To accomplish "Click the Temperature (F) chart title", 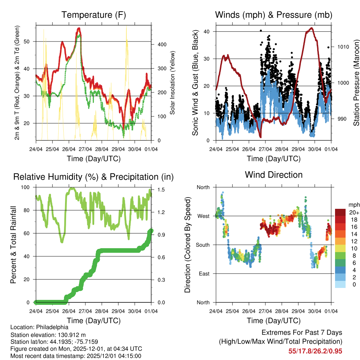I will [x=94, y=15].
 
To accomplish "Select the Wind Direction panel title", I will [x=274, y=175].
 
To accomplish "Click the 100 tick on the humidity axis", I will [x=28, y=187].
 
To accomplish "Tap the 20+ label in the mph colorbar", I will [x=354, y=213].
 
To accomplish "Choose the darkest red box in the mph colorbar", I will [x=340, y=212].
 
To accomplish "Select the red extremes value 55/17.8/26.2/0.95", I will [x=315, y=351].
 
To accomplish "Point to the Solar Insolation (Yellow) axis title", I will [x=173, y=83].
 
